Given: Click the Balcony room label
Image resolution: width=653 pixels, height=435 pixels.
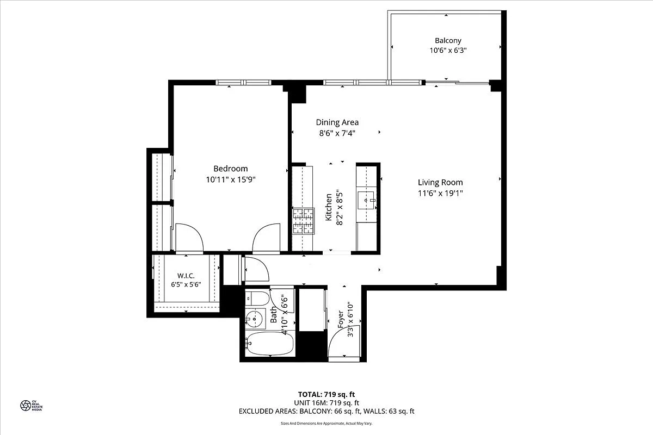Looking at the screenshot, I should (x=447, y=40).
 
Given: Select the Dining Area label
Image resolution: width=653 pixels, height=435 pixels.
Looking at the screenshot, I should (x=337, y=122).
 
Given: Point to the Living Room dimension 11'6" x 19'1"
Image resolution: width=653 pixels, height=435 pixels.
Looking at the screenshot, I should (x=440, y=192).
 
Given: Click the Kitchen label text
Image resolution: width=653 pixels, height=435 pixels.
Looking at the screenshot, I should (x=329, y=207).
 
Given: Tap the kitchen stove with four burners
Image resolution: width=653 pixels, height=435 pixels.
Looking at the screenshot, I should (x=304, y=221).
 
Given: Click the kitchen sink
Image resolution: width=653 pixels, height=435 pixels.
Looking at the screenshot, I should (x=367, y=200).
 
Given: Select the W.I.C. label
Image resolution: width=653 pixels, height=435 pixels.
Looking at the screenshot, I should (x=186, y=275).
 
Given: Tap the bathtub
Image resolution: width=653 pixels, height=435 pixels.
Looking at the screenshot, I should (x=269, y=344).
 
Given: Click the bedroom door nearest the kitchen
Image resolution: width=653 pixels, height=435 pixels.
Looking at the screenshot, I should (x=266, y=239).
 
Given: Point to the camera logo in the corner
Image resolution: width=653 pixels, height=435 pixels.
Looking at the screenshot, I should (x=26, y=405).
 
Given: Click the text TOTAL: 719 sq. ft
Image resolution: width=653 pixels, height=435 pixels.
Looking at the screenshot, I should (x=326, y=394).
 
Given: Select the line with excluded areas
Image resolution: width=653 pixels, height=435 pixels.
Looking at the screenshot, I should (x=326, y=412).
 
